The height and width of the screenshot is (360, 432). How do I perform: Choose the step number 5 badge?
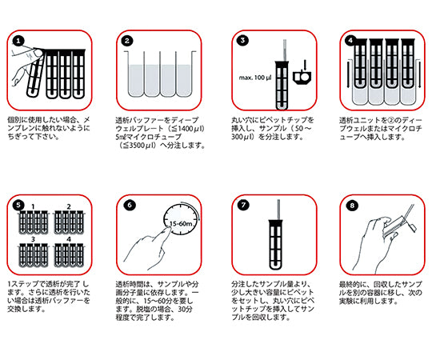click(17, 204)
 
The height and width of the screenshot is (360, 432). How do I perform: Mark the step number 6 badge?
click(127, 204)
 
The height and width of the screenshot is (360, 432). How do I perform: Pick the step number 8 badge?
click(350, 204)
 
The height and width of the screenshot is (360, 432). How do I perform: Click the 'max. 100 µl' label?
click(254, 78)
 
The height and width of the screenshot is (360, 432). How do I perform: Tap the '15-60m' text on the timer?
click(182, 222)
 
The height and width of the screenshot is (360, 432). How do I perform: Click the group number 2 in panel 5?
click(69, 206)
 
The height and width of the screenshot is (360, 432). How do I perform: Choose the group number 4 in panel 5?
click(69, 238)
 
